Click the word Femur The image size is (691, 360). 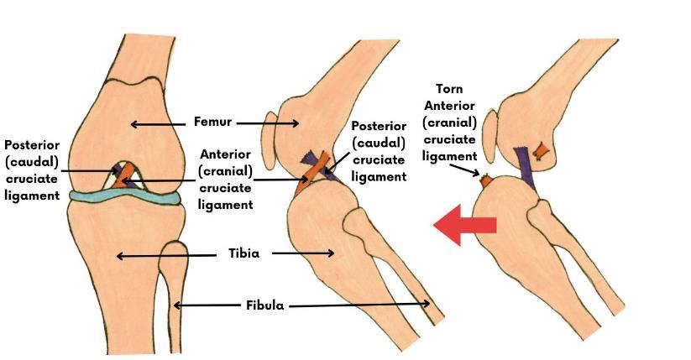click(x=214, y=123)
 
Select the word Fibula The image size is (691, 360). click(x=264, y=305)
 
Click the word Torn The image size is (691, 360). click(x=449, y=89)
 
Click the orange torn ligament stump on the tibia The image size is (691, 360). click(x=486, y=178)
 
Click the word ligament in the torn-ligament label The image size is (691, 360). click(x=449, y=155)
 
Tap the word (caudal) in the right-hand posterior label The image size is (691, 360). click(x=379, y=143)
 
